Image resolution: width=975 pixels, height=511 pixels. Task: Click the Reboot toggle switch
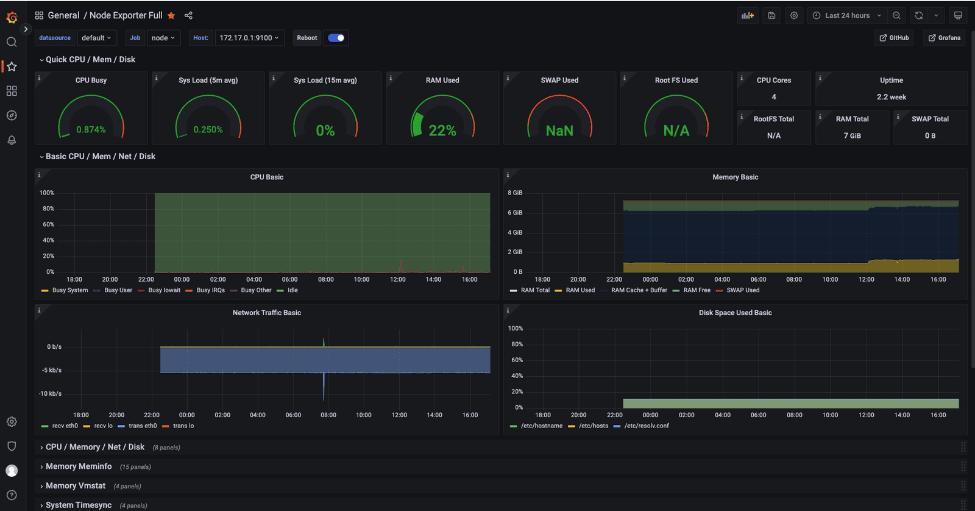click(336, 38)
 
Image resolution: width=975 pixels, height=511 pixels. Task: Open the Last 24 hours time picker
click(848, 15)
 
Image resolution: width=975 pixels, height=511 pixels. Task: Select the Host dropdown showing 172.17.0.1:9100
click(249, 38)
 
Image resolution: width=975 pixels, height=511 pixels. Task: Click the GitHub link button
click(894, 38)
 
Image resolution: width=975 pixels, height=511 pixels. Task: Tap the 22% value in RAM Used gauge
click(442, 130)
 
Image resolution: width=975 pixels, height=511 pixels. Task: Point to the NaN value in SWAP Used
click(559, 130)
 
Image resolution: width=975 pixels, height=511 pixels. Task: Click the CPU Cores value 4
click(773, 97)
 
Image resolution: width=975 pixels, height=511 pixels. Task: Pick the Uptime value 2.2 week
click(891, 97)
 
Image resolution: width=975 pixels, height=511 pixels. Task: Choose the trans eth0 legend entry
click(138, 426)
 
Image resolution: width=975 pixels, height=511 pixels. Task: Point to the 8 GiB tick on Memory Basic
click(515, 193)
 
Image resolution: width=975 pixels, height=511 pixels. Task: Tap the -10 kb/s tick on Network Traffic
click(50, 393)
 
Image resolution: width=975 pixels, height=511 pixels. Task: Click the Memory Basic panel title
click(735, 177)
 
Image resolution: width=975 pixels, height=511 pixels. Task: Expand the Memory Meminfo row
click(79, 466)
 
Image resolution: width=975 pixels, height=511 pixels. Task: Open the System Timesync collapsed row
click(79, 506)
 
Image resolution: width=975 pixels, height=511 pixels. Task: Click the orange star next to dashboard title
click(171, 15)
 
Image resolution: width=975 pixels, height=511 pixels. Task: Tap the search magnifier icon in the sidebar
click(12, 42)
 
